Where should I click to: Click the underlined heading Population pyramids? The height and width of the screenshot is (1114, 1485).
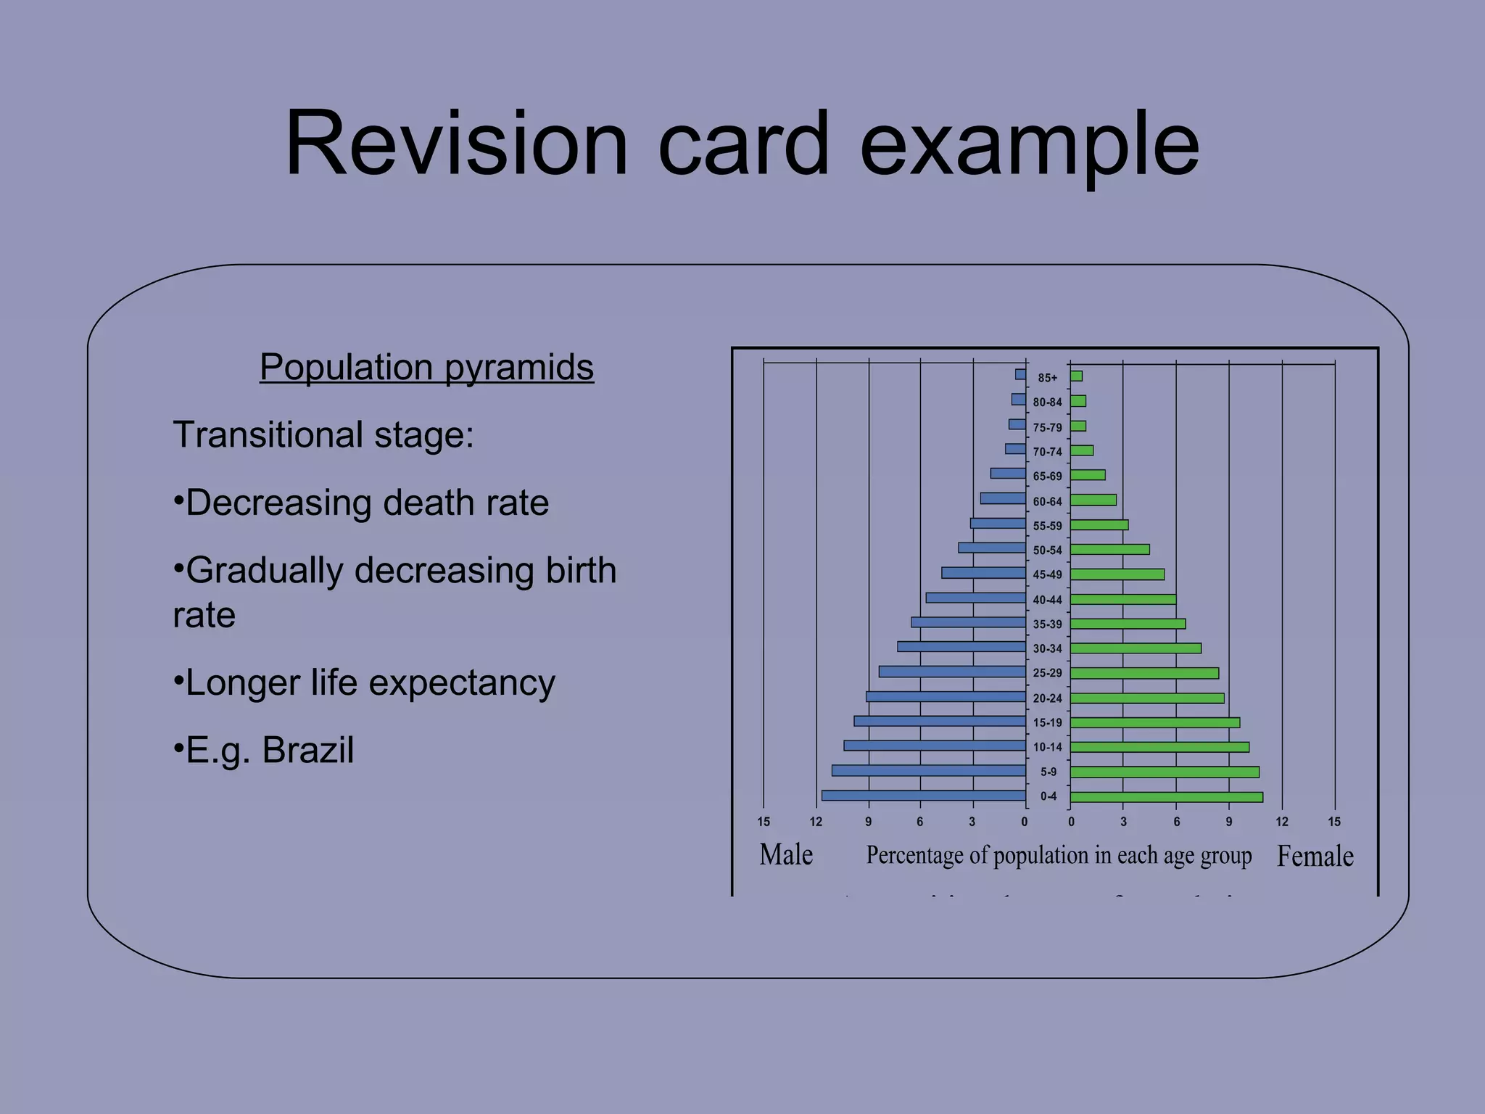click(426, 367)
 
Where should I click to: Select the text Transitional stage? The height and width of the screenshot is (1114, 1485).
click(323, 435)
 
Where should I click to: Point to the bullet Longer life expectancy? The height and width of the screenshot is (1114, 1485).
click(364, 683)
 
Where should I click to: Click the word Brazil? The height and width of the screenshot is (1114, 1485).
click(307, 750)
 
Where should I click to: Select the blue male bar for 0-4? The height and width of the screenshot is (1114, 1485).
click(923, 796)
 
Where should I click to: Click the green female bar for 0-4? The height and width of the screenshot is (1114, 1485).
click(1166, 797)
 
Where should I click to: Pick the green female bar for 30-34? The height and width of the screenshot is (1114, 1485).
click(1136, 648)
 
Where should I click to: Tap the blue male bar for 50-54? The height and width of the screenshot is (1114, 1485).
click(991, 548)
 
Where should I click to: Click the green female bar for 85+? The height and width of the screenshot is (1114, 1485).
click(1076, 376)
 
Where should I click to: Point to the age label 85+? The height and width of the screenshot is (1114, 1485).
click(1047, 378)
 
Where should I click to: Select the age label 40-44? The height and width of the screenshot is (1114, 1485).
click(1047, 600)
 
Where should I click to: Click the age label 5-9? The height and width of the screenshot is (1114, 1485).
click(1048, 772)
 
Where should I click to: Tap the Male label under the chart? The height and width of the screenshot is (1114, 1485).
click(786, 855)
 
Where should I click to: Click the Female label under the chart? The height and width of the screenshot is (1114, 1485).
click(1315, 857)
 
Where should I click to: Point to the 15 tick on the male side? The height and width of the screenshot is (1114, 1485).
click(764, 822)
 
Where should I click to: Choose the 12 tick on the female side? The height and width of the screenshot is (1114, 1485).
click(1282, 822)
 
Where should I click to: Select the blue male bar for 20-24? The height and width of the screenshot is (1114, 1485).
click(946, 696)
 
